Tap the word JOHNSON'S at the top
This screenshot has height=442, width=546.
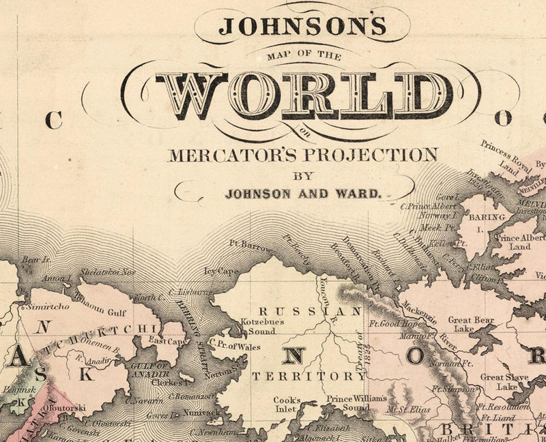302,26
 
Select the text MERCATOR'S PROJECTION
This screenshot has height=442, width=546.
302,153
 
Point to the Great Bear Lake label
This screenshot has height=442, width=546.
471,324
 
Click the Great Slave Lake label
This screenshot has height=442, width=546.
501,381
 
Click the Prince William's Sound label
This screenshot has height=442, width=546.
356,402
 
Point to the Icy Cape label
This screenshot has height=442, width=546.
221,271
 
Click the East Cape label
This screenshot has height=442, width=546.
167,341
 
